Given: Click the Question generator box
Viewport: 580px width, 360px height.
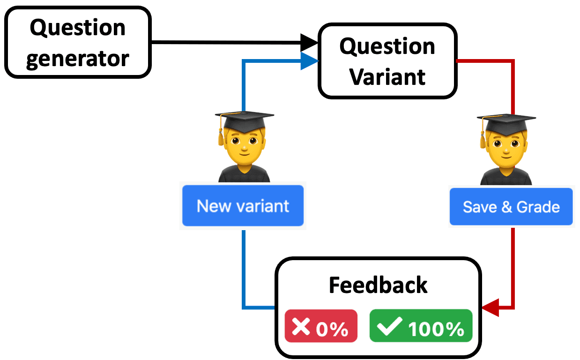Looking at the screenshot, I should tap(78, 42).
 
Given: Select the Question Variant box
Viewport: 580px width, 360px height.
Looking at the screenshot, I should tap(387, 61).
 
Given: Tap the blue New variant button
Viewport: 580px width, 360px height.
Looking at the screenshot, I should tap(243, 206).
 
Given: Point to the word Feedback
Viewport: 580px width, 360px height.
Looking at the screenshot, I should tap(378, 285).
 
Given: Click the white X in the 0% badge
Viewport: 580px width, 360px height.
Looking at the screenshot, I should tap(301, 326).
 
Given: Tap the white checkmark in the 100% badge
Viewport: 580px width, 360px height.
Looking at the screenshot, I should tap(389, 326).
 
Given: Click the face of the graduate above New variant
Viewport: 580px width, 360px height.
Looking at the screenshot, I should tap(244, 142).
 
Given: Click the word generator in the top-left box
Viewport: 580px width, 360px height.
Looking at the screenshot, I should tap(78, 58).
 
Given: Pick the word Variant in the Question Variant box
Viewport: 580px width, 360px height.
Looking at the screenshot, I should tap(388, 76).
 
